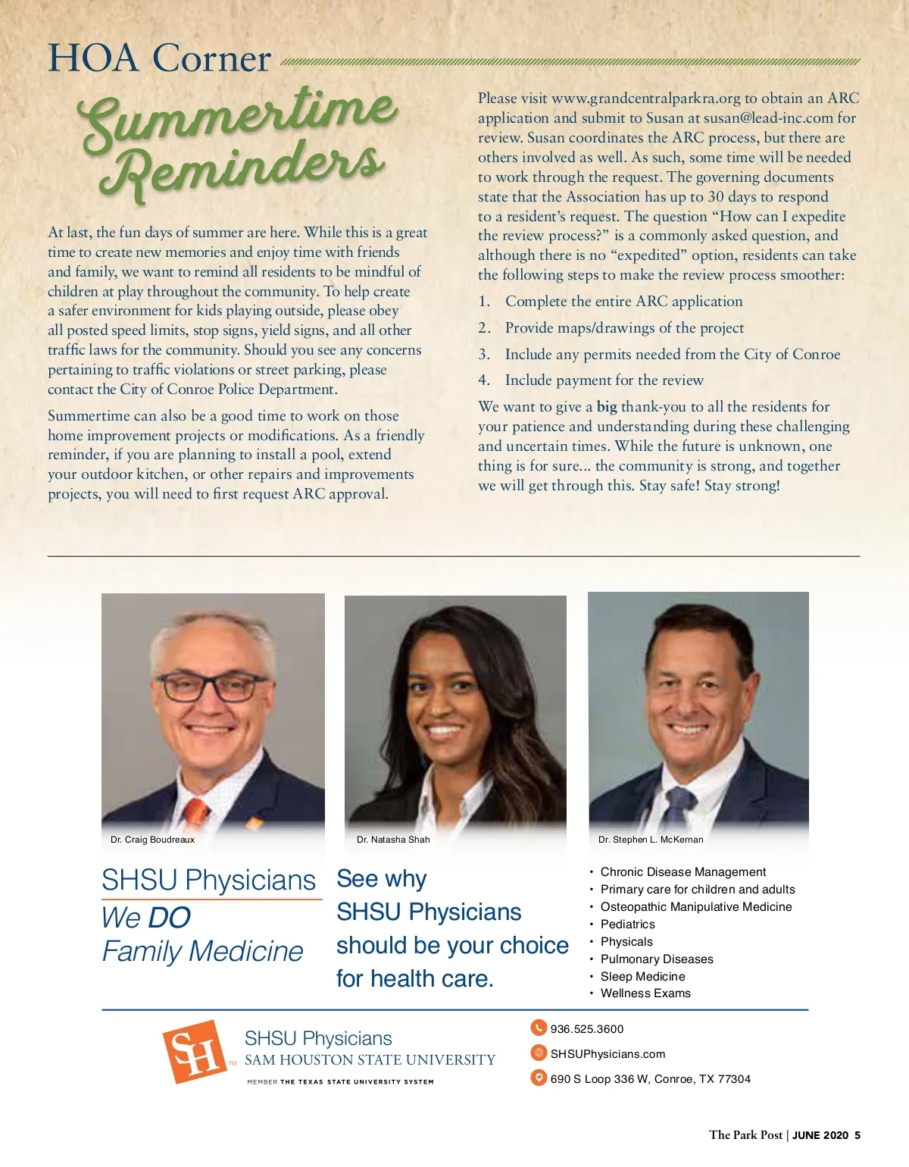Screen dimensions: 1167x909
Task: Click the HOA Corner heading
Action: pyautogui.click(x=159, y=58)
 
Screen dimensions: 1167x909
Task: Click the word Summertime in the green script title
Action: pyautogui.click(x=239, y=117)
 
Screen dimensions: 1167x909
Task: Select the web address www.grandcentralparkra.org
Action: pyautogui.click(x=645, y=99)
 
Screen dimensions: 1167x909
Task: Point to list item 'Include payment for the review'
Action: pyautogui.click(x=604, y=380)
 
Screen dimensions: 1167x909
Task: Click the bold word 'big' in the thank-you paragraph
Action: pyautogui.click(x=607, y=407)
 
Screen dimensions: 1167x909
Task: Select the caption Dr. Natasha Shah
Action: pyautogui.click(x=393, y=840)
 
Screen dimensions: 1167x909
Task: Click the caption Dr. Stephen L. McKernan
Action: pyautogui.click(x=651, y=840)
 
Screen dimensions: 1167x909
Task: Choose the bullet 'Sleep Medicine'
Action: pyautogui.click(x=642, y=977)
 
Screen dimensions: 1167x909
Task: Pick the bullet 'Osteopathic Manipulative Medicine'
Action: pyautogui.click(x=696, y=907)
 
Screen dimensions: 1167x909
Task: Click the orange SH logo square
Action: pyautogui.click(x=195, y=1051)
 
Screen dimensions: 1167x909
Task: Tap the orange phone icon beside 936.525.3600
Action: pyautogui.click(x=539, y=1028)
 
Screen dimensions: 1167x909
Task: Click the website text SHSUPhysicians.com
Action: pyautogui.click(x=608, y=1054)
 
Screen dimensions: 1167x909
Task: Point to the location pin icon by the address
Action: pyautogui.click(x=539, y=1078)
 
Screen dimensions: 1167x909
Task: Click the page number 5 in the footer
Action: pyautogui.click(x=857, y=1135)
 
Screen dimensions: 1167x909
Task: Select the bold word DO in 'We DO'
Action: pyautogui.click(x=170, y=918)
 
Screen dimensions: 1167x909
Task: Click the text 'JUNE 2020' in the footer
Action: pyautogui.click(x=820, y=1135)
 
